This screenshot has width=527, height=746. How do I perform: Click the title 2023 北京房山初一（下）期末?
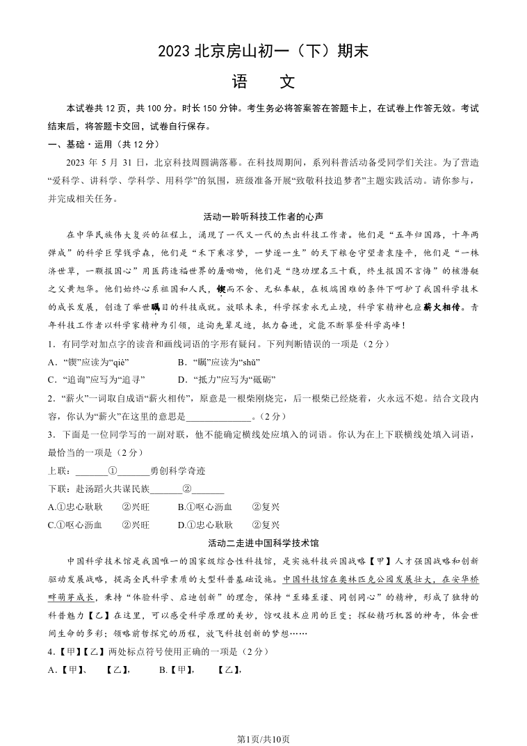(x=263, y=51)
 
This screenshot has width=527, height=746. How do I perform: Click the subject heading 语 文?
(x=263, y=82)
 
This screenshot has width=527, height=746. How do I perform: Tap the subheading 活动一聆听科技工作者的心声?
(x=263, y=216)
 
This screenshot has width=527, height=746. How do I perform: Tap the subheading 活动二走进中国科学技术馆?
(x=263, y=543)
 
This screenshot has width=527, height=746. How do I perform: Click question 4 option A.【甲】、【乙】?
(x=90, y=669)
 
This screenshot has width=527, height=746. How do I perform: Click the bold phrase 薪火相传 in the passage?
(x=441, y=307)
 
